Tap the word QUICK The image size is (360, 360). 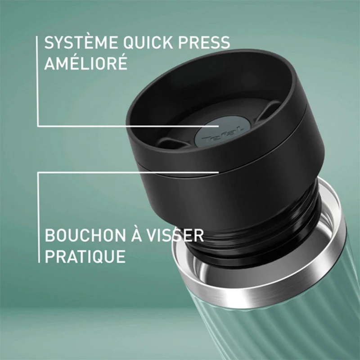click(x=148, y=43)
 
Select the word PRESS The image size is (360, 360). click(x=204, y=42)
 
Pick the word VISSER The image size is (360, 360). click(x=175, y=235)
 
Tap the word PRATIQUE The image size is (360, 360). click(x=85, y=256)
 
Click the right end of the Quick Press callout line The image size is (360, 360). click(x=218, y=126)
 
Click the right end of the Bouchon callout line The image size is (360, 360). click(x=218, y=172)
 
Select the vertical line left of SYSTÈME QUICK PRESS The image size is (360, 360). click(x=37, y=81)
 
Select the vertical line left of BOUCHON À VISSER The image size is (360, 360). click(x=39, y=218)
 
